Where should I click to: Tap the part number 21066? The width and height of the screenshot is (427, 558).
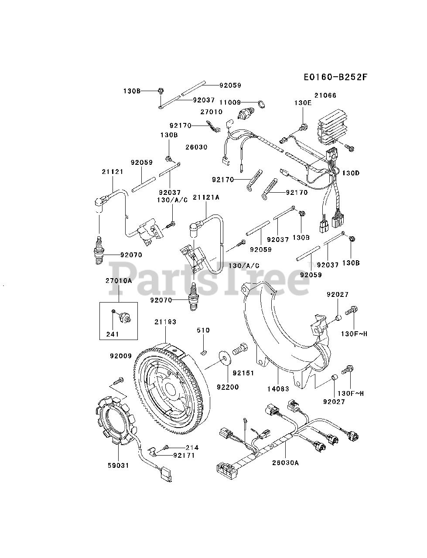325,95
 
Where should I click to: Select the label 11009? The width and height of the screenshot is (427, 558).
230,102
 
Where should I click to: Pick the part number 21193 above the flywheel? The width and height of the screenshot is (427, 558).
165,322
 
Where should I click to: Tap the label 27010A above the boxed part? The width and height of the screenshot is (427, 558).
118,281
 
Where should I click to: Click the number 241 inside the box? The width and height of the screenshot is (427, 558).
112,334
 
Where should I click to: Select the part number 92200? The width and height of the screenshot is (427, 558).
227,386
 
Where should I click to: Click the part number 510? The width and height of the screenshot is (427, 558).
203,330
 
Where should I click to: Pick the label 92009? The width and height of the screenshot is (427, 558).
120,356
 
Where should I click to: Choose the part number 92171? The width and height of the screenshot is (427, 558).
184,456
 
